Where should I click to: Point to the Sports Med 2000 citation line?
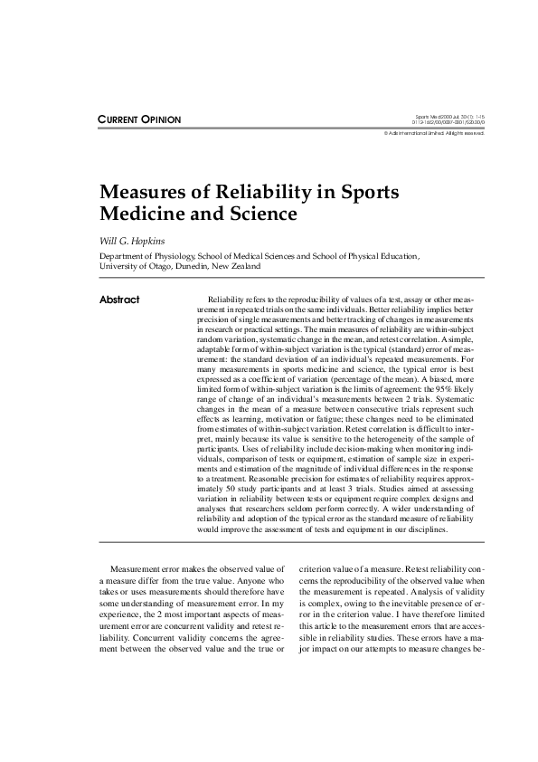point(450,117)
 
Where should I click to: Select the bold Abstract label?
point(119,300)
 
